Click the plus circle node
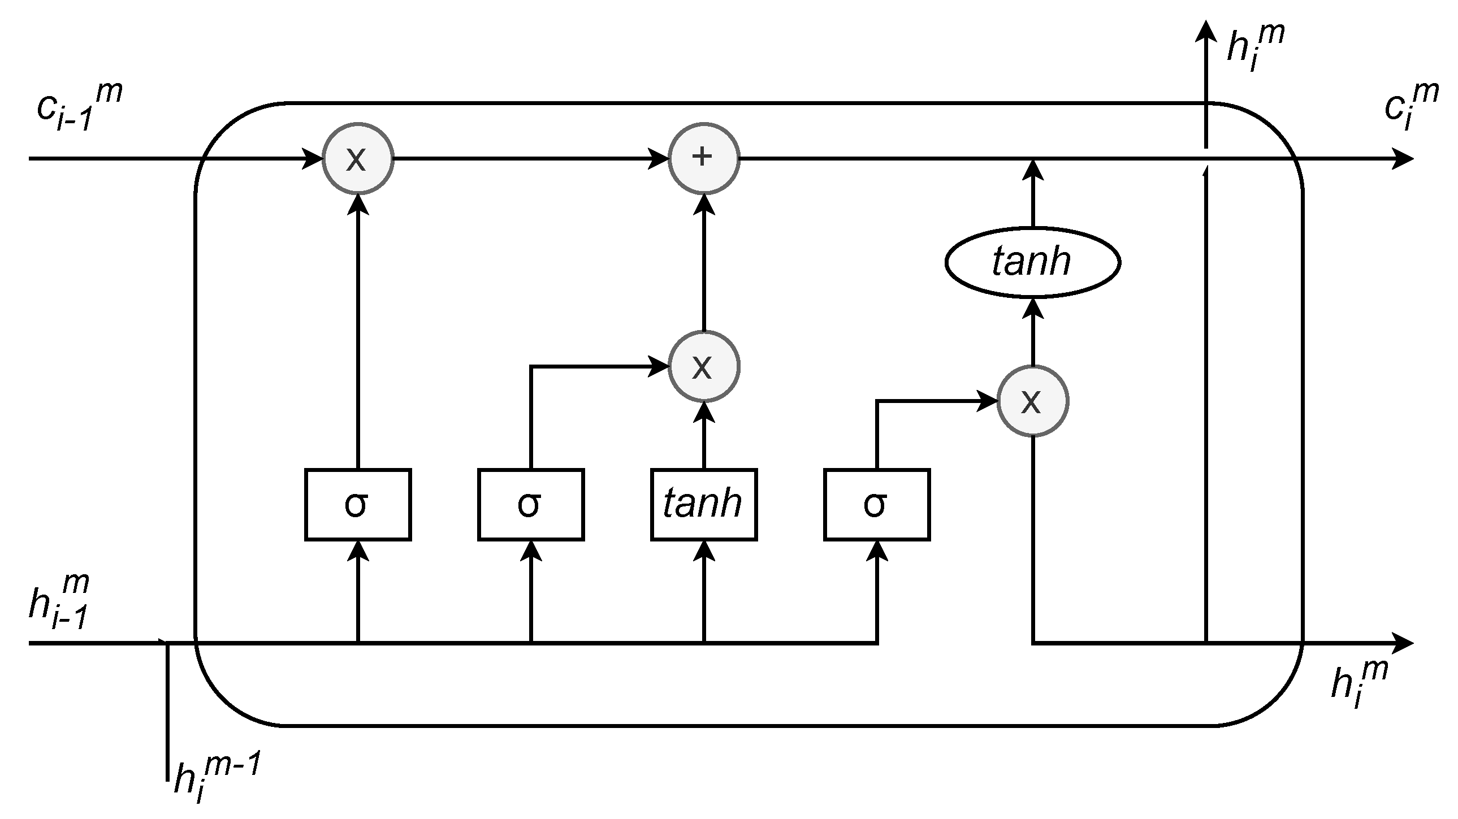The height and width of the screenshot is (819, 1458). (703, 158)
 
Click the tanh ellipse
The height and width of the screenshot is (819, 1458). (1032, 263)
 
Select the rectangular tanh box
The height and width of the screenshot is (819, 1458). (703, 504)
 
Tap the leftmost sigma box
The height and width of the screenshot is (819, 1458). (358, 504)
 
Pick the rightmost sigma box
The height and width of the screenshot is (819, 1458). (876, 504)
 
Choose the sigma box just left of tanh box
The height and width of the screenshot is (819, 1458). (530, 504)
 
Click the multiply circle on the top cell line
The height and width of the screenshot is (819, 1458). (357, 158)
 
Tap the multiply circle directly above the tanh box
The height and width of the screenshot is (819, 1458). (703, 366)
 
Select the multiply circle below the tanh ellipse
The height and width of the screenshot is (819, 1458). (1032, 401)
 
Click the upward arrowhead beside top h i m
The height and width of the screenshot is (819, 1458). (1206, 31)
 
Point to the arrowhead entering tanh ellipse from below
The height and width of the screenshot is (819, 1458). (1033, 309)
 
